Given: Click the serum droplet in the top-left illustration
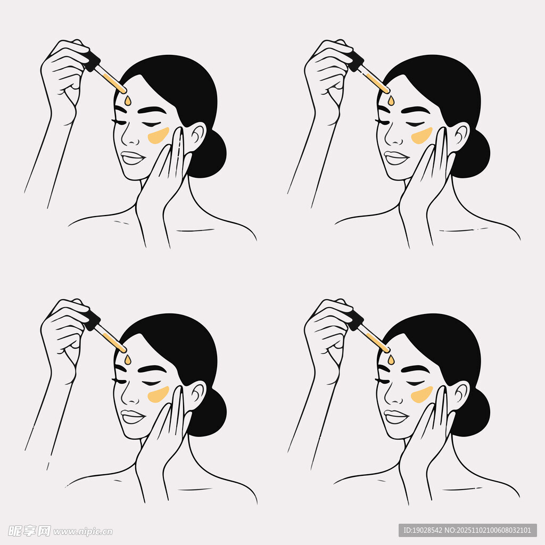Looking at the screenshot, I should pyautogui.click(x=128, y=100).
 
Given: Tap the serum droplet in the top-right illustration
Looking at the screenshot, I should pyautogui.click(x=391, y=100).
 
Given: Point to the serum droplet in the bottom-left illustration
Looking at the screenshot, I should pyautogui.click(x=128, y=360).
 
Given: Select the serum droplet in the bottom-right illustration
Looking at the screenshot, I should pyautogui.click(x=391, y=360).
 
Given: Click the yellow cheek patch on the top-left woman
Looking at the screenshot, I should pyautogui.click(x=158, y=135).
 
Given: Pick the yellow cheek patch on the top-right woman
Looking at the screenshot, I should pyautogui.click(x=422, y=135).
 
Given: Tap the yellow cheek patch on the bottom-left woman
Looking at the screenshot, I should pyautogui.click(x=158, y=394).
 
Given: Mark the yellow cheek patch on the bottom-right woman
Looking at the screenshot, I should pyautogui.click(x=422, y=394).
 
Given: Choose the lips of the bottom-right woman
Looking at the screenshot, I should pyautogui.click(x=395, y=416).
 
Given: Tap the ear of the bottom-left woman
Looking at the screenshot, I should pyautogui.click(x=195, y=395).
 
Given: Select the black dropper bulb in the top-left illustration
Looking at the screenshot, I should pyautogui.click(x=91, y=61).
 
